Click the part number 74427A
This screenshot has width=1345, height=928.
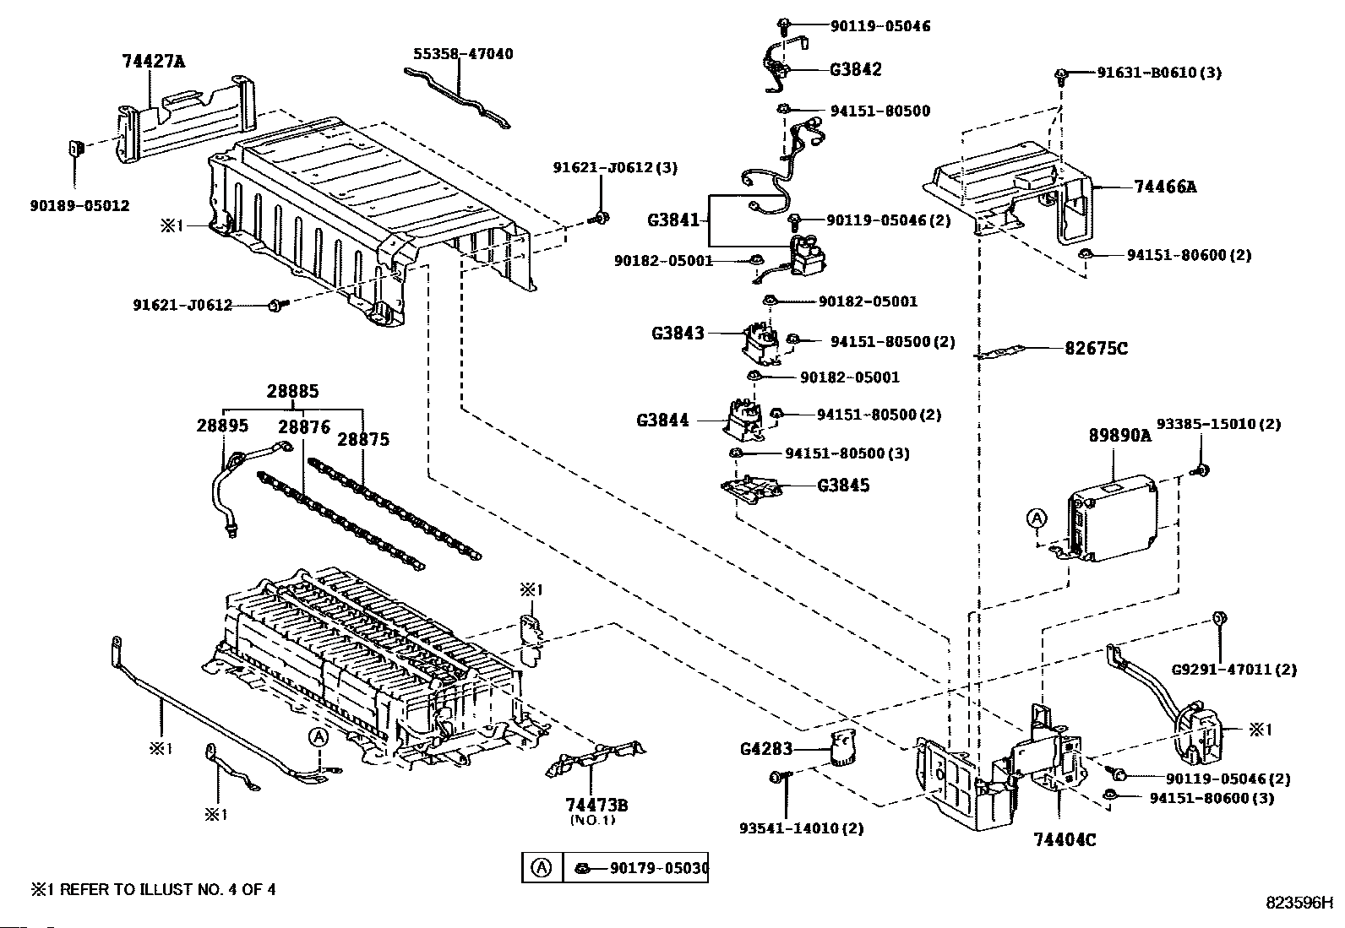click(x=153, y=61)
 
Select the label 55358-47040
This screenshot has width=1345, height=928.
click(x=463, y=54)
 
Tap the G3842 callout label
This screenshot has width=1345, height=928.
click(x=855, y=69)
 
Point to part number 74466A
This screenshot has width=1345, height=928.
click(x=1166, y=187)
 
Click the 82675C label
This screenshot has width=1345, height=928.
click(x=1097, y=348)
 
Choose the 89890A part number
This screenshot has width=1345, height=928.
click(x=1120, y=436)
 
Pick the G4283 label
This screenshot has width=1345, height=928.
click(x=765, y=748)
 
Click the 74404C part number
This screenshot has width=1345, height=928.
click(x=1065, y=839)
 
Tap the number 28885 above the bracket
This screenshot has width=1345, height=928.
click(x=293, y=392)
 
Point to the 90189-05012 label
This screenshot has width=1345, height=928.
click(x=79, y=205)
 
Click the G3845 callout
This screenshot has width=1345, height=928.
click(x=843, y=486)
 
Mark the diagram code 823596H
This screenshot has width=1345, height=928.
click(x=1298, y=902)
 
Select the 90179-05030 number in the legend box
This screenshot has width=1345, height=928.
click(x=658, y=867)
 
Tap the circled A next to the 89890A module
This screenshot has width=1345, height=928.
click(x=1037, y=518)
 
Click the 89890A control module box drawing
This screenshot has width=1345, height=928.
click(x=1114, y=517)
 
